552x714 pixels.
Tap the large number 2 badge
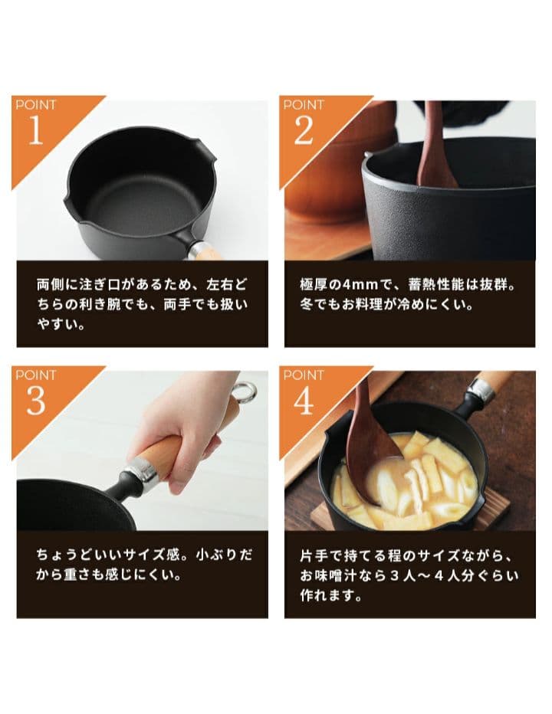tap(304, 131)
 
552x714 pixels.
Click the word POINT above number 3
tap(35, 375)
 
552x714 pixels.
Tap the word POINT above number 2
tap(304, 105)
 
